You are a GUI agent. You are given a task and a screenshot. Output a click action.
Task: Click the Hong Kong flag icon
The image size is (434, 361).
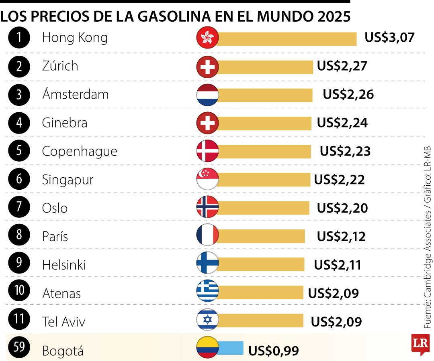click(207, 38)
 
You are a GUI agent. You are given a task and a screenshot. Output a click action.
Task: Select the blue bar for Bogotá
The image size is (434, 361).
click(231, 348)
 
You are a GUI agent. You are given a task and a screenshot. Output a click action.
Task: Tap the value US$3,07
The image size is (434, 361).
click(389, 38)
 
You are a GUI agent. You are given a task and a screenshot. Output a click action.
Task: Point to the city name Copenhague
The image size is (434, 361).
click(80, 151)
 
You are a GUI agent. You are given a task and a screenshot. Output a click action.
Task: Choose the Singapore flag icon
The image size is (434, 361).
click(207, 179)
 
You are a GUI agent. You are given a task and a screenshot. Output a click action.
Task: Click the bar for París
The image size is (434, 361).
click(261, 236)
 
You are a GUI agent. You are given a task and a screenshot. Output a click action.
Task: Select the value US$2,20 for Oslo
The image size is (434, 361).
click(342, 208)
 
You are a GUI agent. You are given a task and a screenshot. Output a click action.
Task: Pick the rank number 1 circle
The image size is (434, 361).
click(19, 38)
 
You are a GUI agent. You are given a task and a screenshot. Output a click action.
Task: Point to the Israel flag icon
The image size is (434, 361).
click(207, 320)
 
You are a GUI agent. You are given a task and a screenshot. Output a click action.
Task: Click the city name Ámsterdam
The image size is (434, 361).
click(76, 94)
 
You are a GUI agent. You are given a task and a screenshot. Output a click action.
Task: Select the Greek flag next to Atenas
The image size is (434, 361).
click(207, 292)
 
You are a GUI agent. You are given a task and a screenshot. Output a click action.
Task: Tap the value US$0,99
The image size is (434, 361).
click(274, 351)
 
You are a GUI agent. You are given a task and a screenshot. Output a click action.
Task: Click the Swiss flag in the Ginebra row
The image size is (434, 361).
click(207, 123)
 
